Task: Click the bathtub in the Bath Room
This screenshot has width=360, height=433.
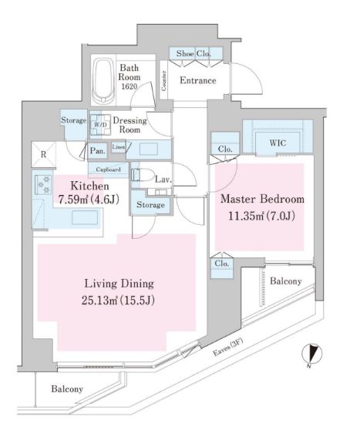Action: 103,82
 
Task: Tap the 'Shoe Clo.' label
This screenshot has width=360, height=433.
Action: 195,54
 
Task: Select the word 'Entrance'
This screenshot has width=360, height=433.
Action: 197,79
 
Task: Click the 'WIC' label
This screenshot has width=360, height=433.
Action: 278,143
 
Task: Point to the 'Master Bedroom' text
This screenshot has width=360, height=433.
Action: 262,200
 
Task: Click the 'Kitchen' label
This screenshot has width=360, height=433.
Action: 89,186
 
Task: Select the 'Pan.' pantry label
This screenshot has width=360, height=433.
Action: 97,151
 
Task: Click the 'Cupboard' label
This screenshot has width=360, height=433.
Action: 108,169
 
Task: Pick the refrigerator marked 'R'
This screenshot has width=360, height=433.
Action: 43,153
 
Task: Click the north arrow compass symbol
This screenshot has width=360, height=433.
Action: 310,354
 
